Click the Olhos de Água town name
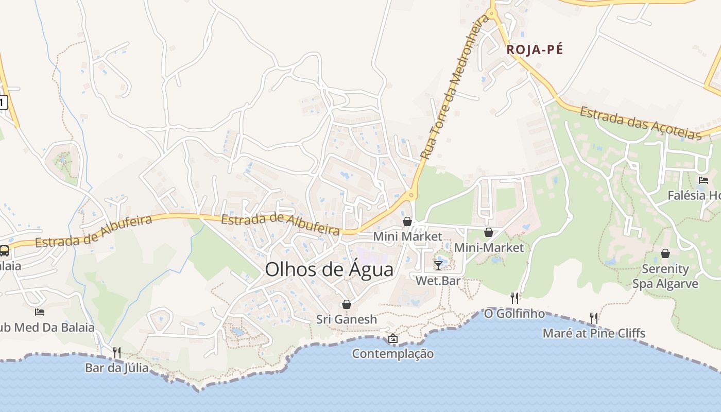[329, 270]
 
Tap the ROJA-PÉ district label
[535, 50]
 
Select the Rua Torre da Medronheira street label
[454, 87]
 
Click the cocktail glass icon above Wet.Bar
[438, 265]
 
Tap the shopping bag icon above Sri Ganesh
[347, 304]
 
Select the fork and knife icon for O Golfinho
[514, 298]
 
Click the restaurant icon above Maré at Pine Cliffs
[594, 318]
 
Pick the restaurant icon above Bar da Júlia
[117, 353]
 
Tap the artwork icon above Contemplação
[393, 338]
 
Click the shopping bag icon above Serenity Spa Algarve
[665, 253]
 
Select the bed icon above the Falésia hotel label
[703, 180]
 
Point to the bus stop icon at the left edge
[4, 251]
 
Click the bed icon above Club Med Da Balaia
[40, 312]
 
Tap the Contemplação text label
[393, 354]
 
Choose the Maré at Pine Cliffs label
[594, 333]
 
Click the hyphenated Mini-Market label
[489, 248]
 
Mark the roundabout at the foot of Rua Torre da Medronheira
[410, 195]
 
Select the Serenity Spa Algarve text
[665, 277]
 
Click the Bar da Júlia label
[117, 368]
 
